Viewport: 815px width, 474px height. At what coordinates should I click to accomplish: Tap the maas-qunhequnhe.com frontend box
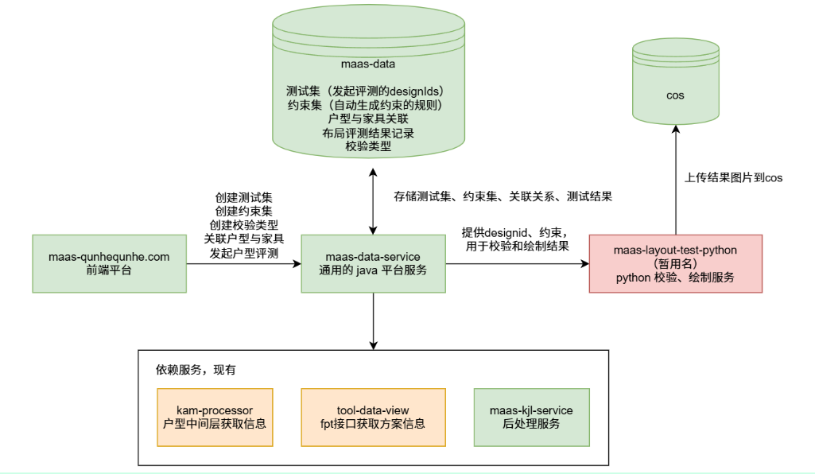click(x=109, y=263)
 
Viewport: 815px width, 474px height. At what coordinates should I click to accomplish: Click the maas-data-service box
click(x=372, y=263)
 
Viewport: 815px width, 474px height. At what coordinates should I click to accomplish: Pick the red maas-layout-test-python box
click(x=675, y=263)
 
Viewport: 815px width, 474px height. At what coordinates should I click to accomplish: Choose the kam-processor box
click(x=214, y=417)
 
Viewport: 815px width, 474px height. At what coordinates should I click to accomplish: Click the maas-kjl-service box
click(x=531, y=417)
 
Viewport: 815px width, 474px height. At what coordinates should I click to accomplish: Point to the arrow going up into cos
click(x=675, y=183)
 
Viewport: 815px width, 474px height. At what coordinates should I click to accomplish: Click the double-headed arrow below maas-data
click(x=372, y=199)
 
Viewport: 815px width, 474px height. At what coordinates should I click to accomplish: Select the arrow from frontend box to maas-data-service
click(x=243, y=263)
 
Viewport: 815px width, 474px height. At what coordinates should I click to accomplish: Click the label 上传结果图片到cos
click(x=733, y=178)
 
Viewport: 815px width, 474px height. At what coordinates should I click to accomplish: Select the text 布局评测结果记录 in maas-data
click(x=368, y=133)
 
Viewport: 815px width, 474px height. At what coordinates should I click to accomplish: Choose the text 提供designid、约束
click(x=514, y=232)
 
